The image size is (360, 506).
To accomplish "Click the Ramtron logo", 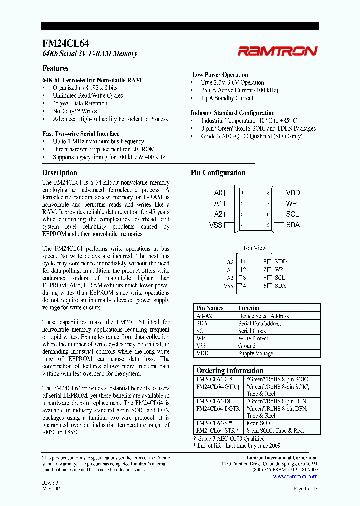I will [x=277, y=50].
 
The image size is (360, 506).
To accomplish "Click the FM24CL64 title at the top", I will [x=66, y=44].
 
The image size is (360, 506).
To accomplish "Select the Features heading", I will [x=55, y=68].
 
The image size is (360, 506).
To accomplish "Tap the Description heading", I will [x=60, y=173].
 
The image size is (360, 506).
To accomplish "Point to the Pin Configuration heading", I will [x=218, y=173].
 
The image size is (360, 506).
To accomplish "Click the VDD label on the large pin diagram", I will [x=293, y=193].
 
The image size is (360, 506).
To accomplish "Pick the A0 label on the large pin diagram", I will [x=218, y=193].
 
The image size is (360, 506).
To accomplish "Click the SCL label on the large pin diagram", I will [x=292, y=214].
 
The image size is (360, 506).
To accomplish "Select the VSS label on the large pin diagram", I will [x=215, y=225].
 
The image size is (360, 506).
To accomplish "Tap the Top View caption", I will [x=254, y=248].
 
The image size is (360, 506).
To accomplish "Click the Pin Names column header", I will [x=210, y=308].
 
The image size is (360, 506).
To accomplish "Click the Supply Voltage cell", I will [x=256, y=353].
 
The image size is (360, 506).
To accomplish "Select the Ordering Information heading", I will [x=230, y=370].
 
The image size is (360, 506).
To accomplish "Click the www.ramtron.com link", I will [x=295, y=476].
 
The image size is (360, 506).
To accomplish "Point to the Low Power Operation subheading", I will [x=220, y=75].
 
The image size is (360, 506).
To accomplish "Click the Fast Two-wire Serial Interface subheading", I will [x=81, y=134].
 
